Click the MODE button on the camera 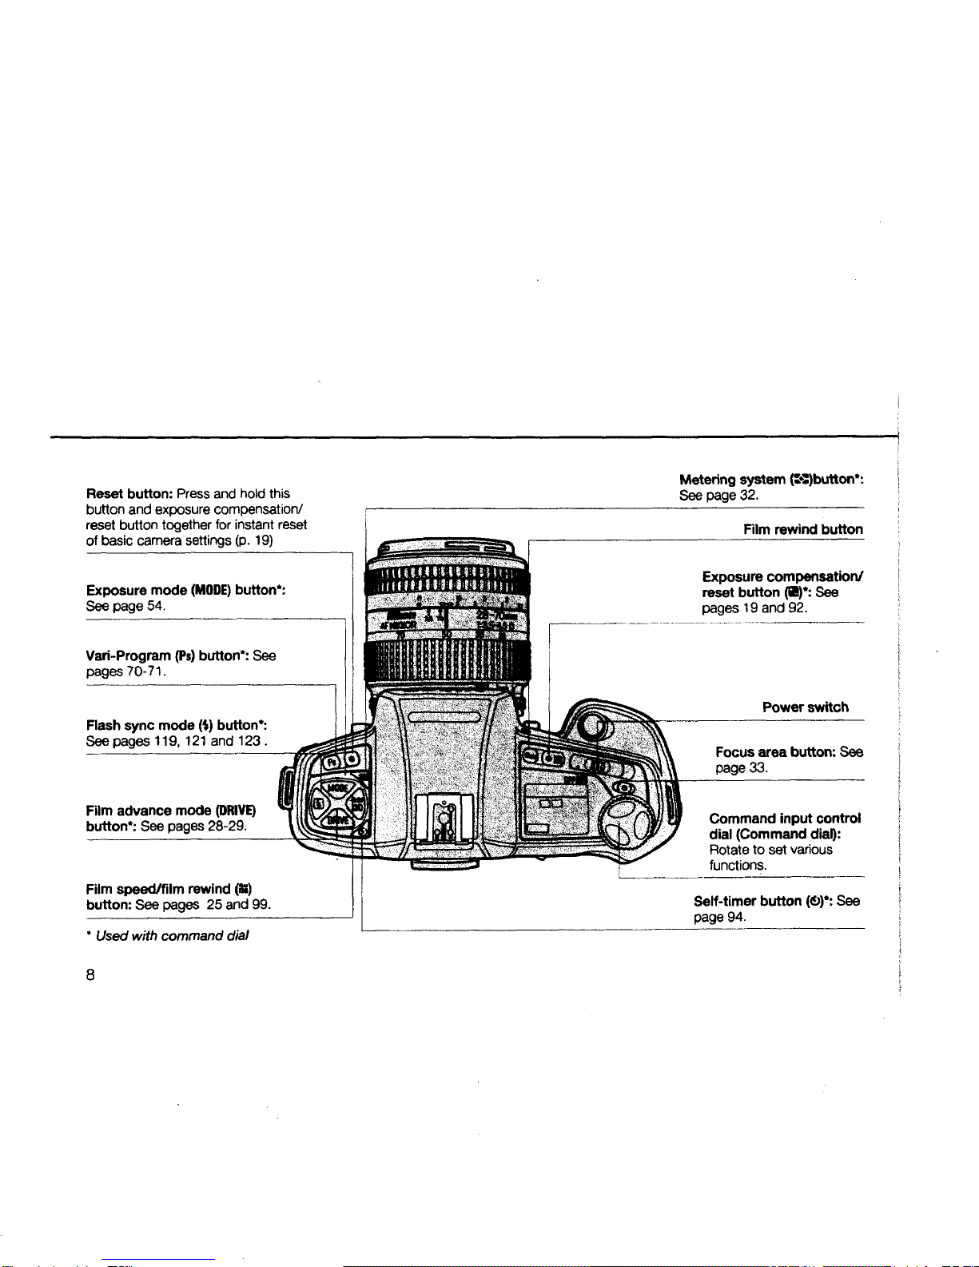click(336, 788)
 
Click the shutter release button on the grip click(592, 727)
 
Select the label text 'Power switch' click(805, 707)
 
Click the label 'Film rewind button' click(802, 529)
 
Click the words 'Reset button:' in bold click(129, 494)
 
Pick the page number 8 click(91, 974)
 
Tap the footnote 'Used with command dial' click(172, 936)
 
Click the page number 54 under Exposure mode click(155, 606)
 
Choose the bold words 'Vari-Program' click(129, 656)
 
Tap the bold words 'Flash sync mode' click(139, 726)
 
